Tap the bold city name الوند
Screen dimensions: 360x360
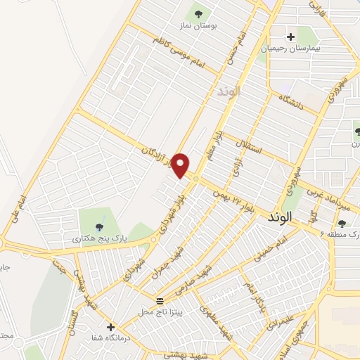pyautogui.click(x=279, y=219)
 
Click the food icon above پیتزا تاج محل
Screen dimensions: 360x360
pyautogui.click(x=158, y=299)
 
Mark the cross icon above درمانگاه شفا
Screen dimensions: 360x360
pyautogui.click(x=110, y=327)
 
